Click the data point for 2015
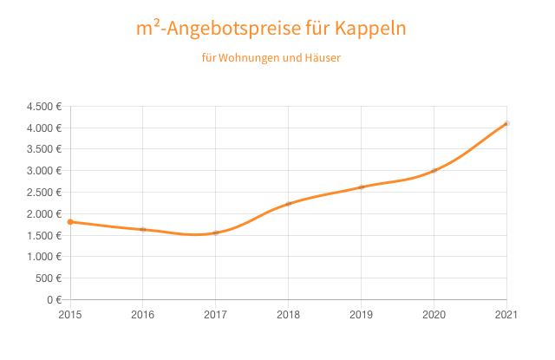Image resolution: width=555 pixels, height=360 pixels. pyautogui.click(x=70, y=222)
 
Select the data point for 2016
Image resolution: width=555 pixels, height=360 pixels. pyautogui.click(x=143, y=229)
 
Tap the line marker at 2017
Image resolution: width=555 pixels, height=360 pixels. pyautogui.click(x=216, y=232)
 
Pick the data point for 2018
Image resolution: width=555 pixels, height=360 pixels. pyautogui.click(x=289, y=204)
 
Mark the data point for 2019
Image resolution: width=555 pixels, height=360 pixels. pyautogui.click(x=362, y=187)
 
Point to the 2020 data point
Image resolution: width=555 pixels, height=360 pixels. pyautogui.click(x=434, y=170)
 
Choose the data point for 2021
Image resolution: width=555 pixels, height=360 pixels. pyautogui.click(x=506, y=123)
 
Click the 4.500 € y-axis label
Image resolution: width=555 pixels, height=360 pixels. pyautogui.click(x=44, y=107)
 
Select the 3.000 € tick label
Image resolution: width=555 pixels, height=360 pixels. pyautogui.click(x=44, y=171)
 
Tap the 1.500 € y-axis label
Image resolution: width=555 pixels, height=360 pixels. pyautogui.click(x=44, y=235)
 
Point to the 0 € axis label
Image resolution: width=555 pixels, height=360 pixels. pyautogui.click(x=53, y=299)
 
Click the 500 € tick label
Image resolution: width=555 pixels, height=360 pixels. pyautogui.click(x=49, y=278)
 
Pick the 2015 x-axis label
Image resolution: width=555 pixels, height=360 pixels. pyautogui.click(x=70, y=315)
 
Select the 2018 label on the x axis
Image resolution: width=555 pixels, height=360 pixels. pyautogui.click(x=289, y=315)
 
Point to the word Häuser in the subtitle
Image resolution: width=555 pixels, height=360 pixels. pyautogui.click(x=322, y=59)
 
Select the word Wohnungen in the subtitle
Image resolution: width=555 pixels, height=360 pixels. pyautogui.click(x=247, y=59)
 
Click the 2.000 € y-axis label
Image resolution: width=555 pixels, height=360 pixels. pyautogui.click(x=44, y=214)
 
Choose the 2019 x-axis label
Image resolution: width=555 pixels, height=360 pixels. pyautogui.click(x=362, y=315)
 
